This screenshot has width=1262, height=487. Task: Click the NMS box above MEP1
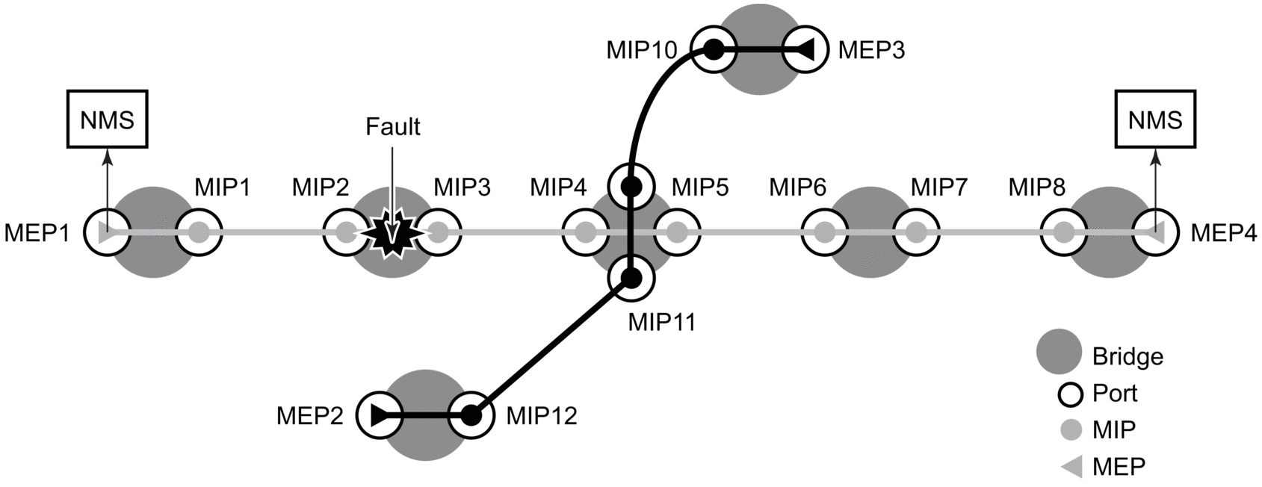(107, 119)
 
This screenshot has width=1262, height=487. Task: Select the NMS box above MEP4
(1155, 119)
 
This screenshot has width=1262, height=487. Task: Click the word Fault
(392, 127)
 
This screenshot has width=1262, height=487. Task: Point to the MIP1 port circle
(199, 233)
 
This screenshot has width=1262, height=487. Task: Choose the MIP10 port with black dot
(714, 50)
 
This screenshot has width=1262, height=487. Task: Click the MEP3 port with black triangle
(805, 50)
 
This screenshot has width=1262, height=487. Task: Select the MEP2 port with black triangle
(380, 415)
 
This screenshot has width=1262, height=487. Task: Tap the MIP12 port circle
(471, 415)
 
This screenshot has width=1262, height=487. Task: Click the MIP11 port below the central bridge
(631, 279)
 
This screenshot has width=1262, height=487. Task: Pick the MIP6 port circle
(824, 233)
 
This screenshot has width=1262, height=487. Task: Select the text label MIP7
(939, 187)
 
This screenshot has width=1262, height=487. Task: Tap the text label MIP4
(558, 187)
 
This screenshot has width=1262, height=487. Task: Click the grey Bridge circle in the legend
(1059, 351)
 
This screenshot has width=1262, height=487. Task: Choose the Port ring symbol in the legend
(1071, 394)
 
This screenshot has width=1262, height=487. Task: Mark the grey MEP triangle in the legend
(1071, 467)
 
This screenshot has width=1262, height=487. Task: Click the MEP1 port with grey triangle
(107, 233)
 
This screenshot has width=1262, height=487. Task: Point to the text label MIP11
(661, 322)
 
